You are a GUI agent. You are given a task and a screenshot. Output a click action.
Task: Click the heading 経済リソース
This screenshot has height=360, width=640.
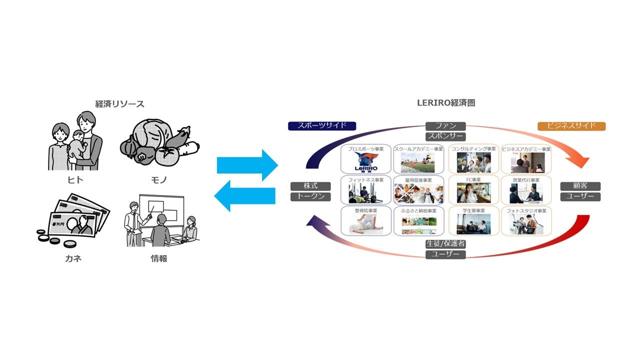(119, 104)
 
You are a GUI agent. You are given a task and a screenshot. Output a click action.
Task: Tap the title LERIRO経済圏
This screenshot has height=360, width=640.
(445, 103)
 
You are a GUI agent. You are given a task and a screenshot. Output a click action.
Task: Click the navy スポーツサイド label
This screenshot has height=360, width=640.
(321, 126)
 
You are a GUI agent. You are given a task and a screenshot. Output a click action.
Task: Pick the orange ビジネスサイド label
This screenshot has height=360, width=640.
(571, 126)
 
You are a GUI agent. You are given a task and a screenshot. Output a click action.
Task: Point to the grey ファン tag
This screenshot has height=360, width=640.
(445, 126)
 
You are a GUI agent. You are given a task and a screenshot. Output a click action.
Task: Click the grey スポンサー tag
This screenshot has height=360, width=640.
(445, 136)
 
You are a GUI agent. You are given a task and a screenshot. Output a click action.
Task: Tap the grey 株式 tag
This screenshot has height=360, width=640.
(310, 186)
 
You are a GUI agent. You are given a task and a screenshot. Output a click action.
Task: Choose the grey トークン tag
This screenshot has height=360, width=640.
(310, 196)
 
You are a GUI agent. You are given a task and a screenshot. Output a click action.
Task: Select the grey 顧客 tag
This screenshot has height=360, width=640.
(580, 186)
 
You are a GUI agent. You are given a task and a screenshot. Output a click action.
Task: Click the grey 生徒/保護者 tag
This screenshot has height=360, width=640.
(445, 244)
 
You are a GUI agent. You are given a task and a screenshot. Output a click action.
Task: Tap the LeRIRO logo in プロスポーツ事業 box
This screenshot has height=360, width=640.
(365, 162)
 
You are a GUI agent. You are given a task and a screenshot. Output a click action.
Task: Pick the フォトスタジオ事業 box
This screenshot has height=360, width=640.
(526, 220)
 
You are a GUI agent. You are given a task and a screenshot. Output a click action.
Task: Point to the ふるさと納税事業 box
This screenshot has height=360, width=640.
(418, 220)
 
